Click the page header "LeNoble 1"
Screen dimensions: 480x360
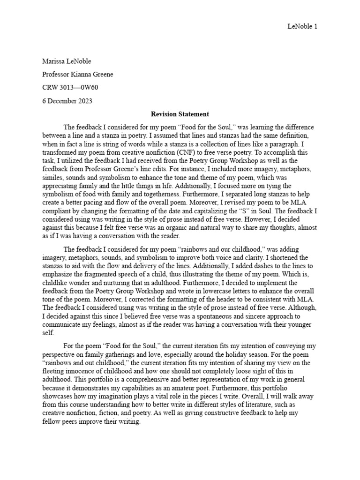coord(302,27)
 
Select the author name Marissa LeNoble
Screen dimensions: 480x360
coord(67,61)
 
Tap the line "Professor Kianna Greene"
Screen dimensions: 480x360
coord(77,74)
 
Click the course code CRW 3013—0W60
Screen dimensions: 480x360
coord(70,87)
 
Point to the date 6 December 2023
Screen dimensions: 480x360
coord(67,100)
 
